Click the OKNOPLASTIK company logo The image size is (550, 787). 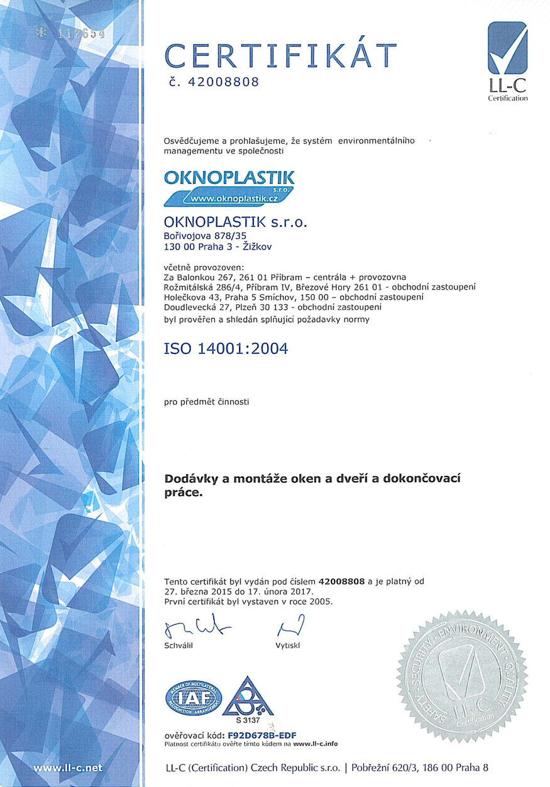click(229, 185)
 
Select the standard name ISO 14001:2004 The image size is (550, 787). click(226, 348)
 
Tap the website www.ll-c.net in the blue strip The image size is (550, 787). click(68, 768)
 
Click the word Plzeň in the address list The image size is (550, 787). click(248, 307)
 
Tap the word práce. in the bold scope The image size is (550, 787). click(184, 494)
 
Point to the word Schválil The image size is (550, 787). click(178, 646)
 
